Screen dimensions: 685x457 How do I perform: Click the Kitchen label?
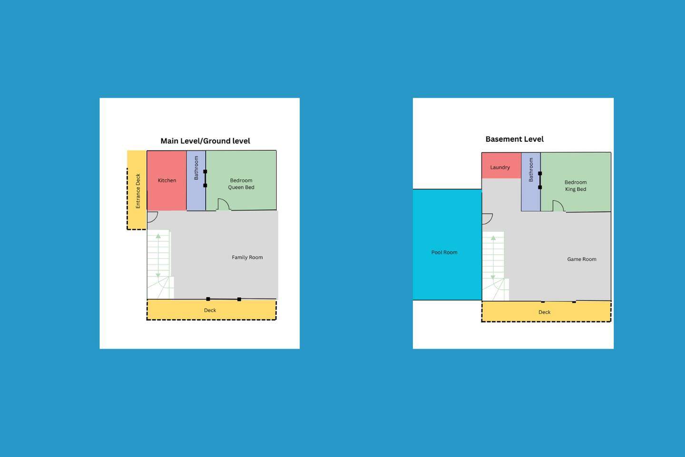click(167, 180)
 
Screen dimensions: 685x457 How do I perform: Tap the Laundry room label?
click(500, 168)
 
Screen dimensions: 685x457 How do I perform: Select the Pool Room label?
click(444, 252)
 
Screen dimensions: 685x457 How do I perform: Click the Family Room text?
click(247, 258)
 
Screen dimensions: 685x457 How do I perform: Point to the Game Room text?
click(582, 259)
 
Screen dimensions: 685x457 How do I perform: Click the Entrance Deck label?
click(138, 191)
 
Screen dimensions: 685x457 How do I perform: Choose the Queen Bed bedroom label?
click(241, 184)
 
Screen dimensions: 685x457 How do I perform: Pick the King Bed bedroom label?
click(576, 186)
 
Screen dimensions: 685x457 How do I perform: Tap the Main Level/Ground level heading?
click(205, 141)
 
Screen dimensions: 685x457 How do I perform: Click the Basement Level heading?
click(515, 139)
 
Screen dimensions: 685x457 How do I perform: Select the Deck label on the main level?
click(210, 310)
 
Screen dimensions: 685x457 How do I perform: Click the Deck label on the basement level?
click(544, 312)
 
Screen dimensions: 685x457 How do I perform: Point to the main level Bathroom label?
click(196, 168)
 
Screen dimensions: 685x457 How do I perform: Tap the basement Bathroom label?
click(531, 169)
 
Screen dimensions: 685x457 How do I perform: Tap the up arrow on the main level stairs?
click(158, 236)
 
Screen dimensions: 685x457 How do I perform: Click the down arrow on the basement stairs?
click(493, 278)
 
